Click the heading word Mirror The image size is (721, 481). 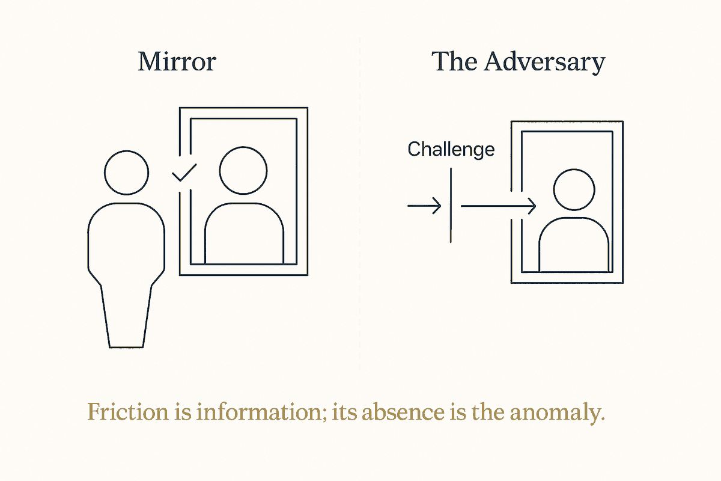pos(177,61)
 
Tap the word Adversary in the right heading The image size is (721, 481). pos(544,63)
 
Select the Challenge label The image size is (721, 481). pos(451,150)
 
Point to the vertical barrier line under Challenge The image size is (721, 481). pos(451,205)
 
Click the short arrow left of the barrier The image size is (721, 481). pos(424,206)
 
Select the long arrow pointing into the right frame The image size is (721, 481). pos(499,206)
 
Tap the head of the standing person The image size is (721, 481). pos(127,173)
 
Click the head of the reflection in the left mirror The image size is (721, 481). pos(243,171)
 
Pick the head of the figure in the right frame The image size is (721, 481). pos(574,190)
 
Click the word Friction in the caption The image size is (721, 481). pos(128,412)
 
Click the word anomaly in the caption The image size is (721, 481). pos(558,414)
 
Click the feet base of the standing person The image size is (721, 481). pos(126,348)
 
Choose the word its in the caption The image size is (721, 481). pos(344,412)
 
